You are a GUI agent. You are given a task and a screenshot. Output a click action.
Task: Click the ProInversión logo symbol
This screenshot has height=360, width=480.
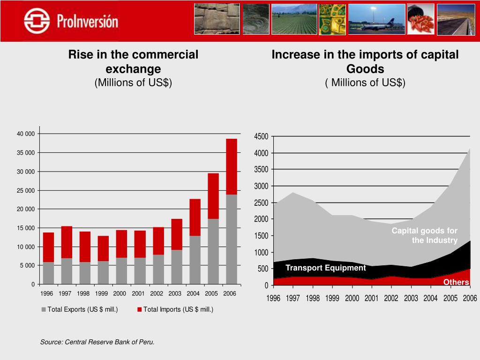[x=37, y=21]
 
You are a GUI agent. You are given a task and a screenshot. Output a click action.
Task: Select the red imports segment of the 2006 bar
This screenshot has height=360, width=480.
[x=231, y=166]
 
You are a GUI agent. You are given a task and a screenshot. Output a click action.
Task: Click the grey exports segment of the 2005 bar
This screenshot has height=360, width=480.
[x=213, y=251]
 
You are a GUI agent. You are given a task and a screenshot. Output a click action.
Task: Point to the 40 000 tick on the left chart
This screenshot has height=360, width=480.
[x=26, y=134]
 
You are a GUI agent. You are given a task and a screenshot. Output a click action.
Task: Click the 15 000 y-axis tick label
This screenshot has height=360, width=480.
[x=26, y=228]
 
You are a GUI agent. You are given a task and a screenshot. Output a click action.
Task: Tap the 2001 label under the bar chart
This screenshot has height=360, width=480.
[x=138, y=294]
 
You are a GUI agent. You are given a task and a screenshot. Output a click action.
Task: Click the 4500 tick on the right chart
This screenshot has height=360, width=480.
[x=261, y=136]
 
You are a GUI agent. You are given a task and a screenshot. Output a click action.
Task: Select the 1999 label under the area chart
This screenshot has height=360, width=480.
[x=332, y=299]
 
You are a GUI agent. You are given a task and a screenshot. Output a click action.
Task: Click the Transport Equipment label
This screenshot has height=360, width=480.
[x=325, y=268]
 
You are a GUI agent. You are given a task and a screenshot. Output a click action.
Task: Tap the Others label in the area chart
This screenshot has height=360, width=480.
[x=456, y=282]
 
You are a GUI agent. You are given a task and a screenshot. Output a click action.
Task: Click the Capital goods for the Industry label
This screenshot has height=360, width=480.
[x=425, y=235]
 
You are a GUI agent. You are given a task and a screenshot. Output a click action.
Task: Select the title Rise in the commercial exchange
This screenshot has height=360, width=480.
[x=133, y=61]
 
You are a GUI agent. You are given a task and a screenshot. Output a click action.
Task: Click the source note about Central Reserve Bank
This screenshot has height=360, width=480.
[x=97, y=342]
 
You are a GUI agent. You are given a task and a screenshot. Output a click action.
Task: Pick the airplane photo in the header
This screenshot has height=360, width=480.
[x=376, y=19]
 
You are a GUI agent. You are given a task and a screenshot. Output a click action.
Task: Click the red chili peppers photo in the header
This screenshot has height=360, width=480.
[x=420, y=19]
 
